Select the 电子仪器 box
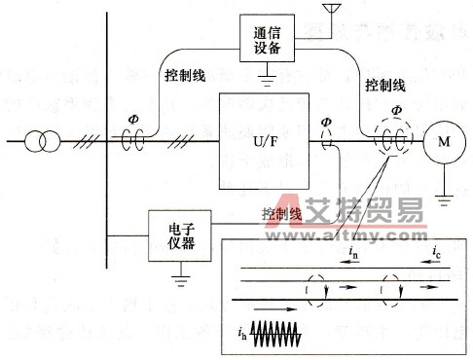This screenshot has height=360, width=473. point(180,235)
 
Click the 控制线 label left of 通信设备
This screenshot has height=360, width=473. point(179,74)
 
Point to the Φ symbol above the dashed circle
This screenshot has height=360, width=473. point(394,109)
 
